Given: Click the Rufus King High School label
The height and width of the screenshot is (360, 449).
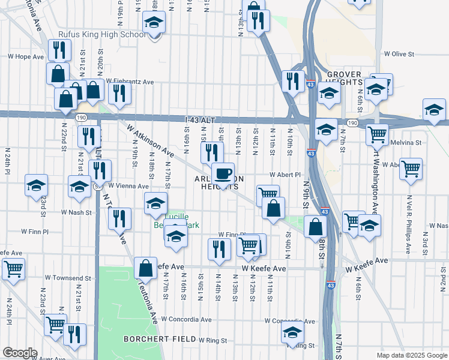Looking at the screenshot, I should click(101, 34).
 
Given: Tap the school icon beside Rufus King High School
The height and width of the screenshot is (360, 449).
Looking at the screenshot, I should click(154, 24).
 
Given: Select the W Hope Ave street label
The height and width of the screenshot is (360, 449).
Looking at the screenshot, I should click(26, 56).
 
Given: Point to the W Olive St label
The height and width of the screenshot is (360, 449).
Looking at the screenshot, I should click(399, 54).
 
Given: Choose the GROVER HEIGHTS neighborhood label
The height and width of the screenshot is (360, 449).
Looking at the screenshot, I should click(344, 77).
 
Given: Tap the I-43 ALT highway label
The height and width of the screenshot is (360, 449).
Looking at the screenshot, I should click(200, 121).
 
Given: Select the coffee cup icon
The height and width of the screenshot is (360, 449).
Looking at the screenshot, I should click(223, 174).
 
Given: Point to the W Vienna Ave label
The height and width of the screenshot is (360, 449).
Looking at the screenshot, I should click(129, 186).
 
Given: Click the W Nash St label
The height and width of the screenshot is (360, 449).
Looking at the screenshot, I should click(76, 212).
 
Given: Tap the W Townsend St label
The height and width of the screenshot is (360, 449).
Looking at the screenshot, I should click(68, 279).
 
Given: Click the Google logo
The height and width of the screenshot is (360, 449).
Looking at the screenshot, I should click(20, 353).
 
